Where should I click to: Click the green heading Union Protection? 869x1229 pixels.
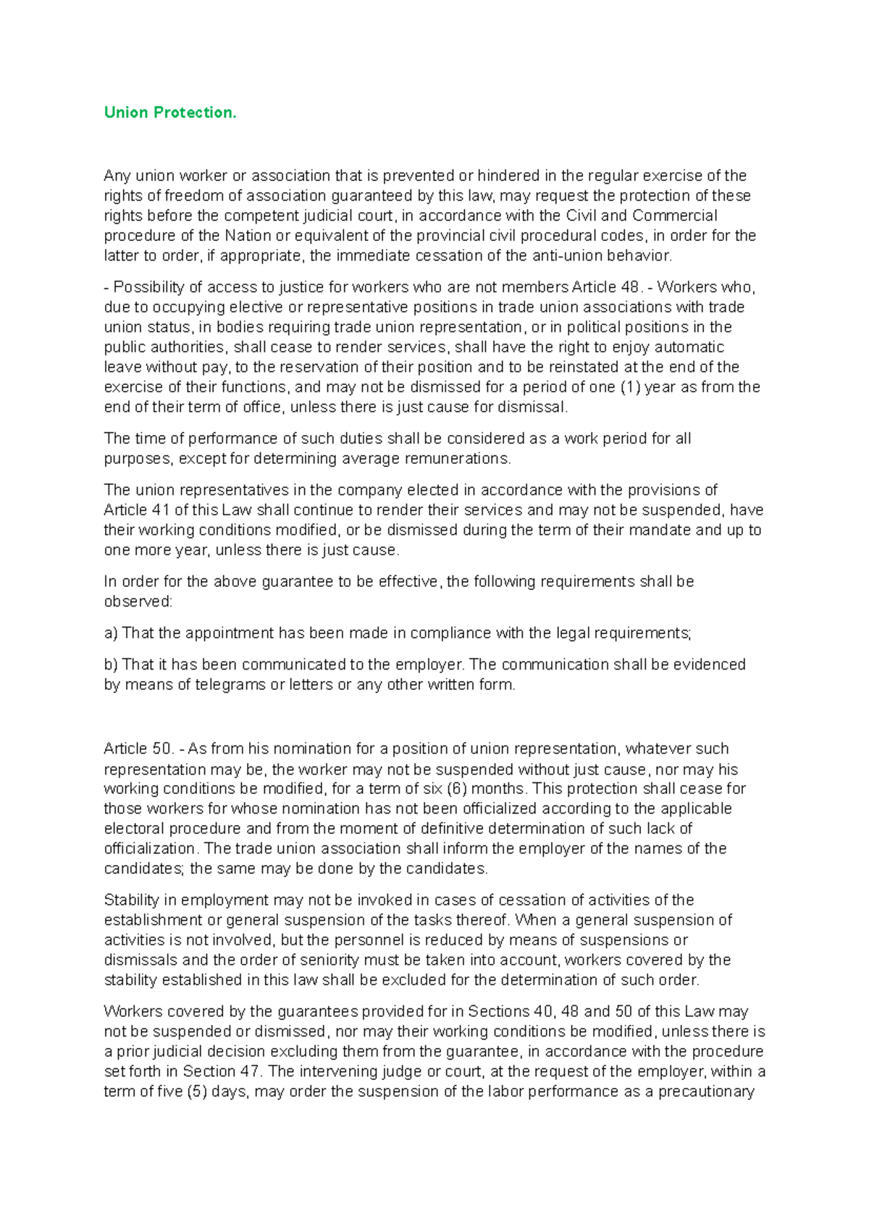[170, 112]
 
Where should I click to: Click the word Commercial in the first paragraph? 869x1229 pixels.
[674, 216]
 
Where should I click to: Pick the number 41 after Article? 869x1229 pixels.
[161, 510]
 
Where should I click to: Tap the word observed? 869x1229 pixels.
[138, 602]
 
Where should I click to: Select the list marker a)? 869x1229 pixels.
[111, 633]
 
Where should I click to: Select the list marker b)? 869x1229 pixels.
[111, 664]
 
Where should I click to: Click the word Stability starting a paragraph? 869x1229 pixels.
[131, 900]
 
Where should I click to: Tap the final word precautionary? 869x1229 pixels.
[706, 1091]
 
